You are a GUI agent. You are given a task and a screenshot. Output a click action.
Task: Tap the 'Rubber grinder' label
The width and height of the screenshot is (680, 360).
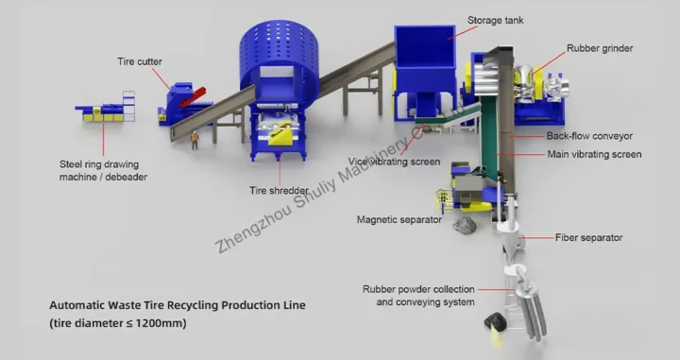click(x=599, y=46)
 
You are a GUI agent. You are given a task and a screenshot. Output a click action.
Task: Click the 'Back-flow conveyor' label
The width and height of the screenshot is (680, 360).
click(x=588, y=137)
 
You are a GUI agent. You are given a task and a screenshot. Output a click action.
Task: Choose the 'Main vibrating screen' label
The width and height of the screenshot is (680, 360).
click(x=594, y=154)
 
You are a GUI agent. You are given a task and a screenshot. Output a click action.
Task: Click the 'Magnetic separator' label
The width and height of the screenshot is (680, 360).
click(x=399, y=219)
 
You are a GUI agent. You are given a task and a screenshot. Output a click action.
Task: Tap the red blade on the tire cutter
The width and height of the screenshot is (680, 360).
click(x=194, y=93)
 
